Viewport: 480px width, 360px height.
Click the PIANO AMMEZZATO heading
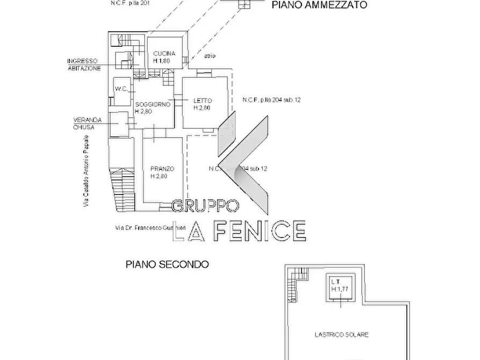[319, 5]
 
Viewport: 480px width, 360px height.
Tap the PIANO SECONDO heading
[167, 264]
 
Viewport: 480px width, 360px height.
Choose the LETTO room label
[203, 100]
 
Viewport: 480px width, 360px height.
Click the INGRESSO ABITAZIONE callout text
[83, 64]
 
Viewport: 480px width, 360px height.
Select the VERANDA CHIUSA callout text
[84, 124]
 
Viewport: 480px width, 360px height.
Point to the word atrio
[210, 56]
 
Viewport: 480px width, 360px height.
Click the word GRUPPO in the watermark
[205, 206]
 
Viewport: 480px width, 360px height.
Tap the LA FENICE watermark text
[239, 231]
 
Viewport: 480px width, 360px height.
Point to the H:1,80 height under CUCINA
[162, 61]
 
